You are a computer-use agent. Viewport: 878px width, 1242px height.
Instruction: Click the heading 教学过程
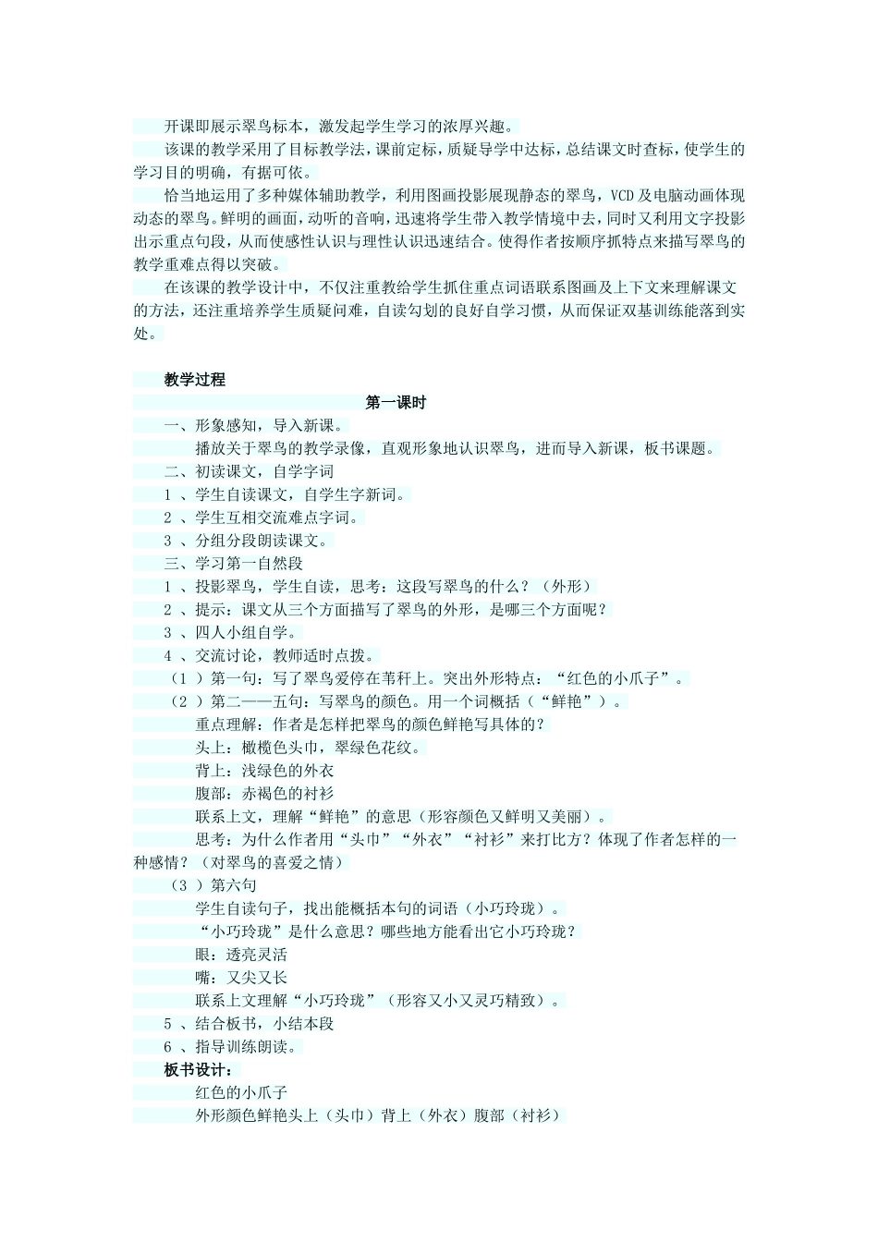(x=194, y=380)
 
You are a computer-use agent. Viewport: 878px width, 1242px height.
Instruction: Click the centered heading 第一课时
(x=396, y=403)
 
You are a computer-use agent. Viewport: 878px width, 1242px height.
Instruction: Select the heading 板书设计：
(x=196, y=1070)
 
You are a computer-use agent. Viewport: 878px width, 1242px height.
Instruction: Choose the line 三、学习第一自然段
(x=234, y=564)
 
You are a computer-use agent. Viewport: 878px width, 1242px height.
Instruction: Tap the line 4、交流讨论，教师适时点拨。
(x=271, y=656)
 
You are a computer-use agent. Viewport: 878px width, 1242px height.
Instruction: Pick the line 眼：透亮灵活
(x=241, y=955)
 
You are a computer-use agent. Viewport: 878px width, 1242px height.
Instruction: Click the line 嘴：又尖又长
(x=241, y=978)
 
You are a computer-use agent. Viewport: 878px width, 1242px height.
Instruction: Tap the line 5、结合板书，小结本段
(x=250, y=1024)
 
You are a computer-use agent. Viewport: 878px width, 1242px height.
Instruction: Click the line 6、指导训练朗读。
(x=234, y=1047)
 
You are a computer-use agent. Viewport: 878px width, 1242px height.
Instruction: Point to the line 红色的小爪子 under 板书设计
(x=241, y=1093)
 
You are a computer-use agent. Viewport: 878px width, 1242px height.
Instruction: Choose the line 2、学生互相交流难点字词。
(x=263, y=517)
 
